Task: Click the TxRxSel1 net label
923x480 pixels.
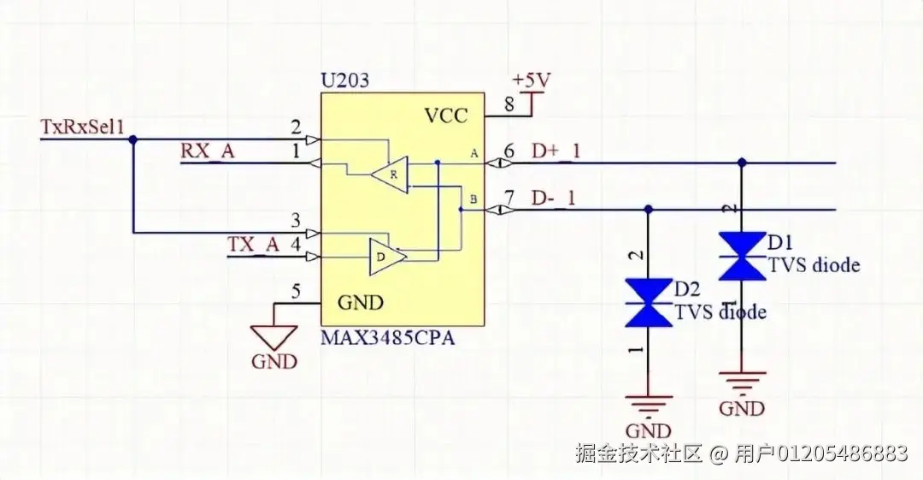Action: [83, 127]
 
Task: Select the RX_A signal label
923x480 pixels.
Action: [207, 151]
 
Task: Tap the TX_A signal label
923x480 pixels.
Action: [254, 244]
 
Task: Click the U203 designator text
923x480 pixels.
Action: [345, 81]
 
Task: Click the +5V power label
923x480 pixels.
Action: [532, 80]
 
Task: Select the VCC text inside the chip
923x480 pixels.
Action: [446, 116]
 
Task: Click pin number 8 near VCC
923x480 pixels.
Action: [509, 105]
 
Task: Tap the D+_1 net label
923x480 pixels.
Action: [555, 151]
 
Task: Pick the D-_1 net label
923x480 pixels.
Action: [554, 198]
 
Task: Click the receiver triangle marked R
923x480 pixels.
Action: [391, 174]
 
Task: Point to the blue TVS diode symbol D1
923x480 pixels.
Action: [741, 256]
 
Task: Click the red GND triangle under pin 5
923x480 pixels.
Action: [273, 335]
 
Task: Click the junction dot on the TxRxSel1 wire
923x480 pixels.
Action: [132, 139]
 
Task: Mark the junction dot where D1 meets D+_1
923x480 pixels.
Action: [741, 162]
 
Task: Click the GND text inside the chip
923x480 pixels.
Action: [361, 302]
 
